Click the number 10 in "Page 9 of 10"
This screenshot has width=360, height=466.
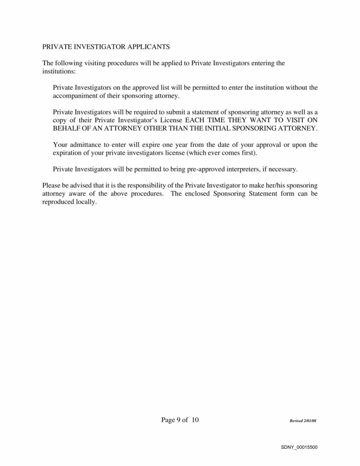(195, 420)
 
